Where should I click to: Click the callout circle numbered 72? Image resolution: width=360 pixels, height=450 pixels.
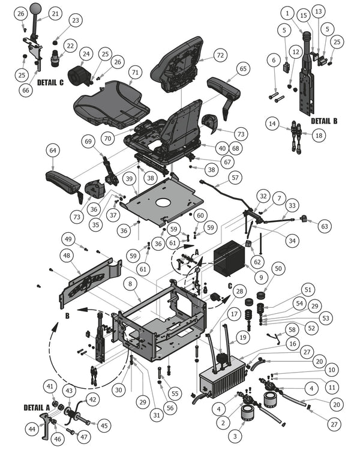(x=220, y=55)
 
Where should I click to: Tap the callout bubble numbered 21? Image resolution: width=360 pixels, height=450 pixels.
(x=55, y=13)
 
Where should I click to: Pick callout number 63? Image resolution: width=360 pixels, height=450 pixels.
(x=325, y=227)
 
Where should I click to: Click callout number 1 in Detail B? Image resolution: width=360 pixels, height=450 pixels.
(x=289, y=13)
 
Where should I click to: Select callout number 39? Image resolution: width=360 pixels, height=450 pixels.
(x=128, y=179)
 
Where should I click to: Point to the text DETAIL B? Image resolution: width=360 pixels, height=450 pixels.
(x=324, y=121)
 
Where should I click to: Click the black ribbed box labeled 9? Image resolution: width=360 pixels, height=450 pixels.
(x=230, y=257)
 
